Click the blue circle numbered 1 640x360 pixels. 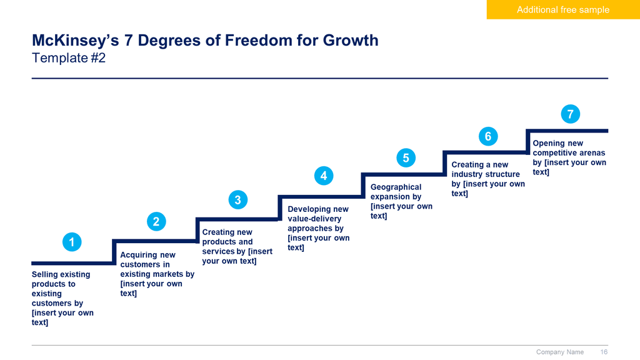point(72,242)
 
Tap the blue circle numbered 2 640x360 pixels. point(156,222)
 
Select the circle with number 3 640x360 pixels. point(238,200)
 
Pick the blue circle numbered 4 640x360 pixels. point(324,176)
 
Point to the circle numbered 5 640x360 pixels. point(406,158)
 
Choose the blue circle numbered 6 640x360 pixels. point(488,136)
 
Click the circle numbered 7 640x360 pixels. point(571,114)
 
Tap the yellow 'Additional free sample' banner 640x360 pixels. point(563,9)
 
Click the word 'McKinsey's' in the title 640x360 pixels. point(76,41)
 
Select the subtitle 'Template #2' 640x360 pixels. point(69,58)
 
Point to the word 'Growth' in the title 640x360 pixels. point(351,41)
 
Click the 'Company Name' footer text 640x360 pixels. point(560,352)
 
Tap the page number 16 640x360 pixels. point(604,352)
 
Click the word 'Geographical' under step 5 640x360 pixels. point(396,187)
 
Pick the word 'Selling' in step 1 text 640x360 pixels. point(44,275)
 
